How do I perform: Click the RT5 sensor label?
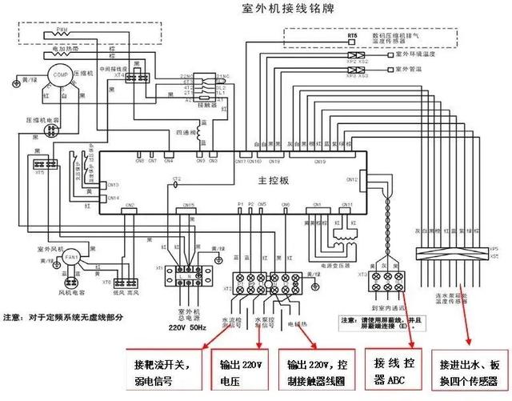click(x=351, y=37)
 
